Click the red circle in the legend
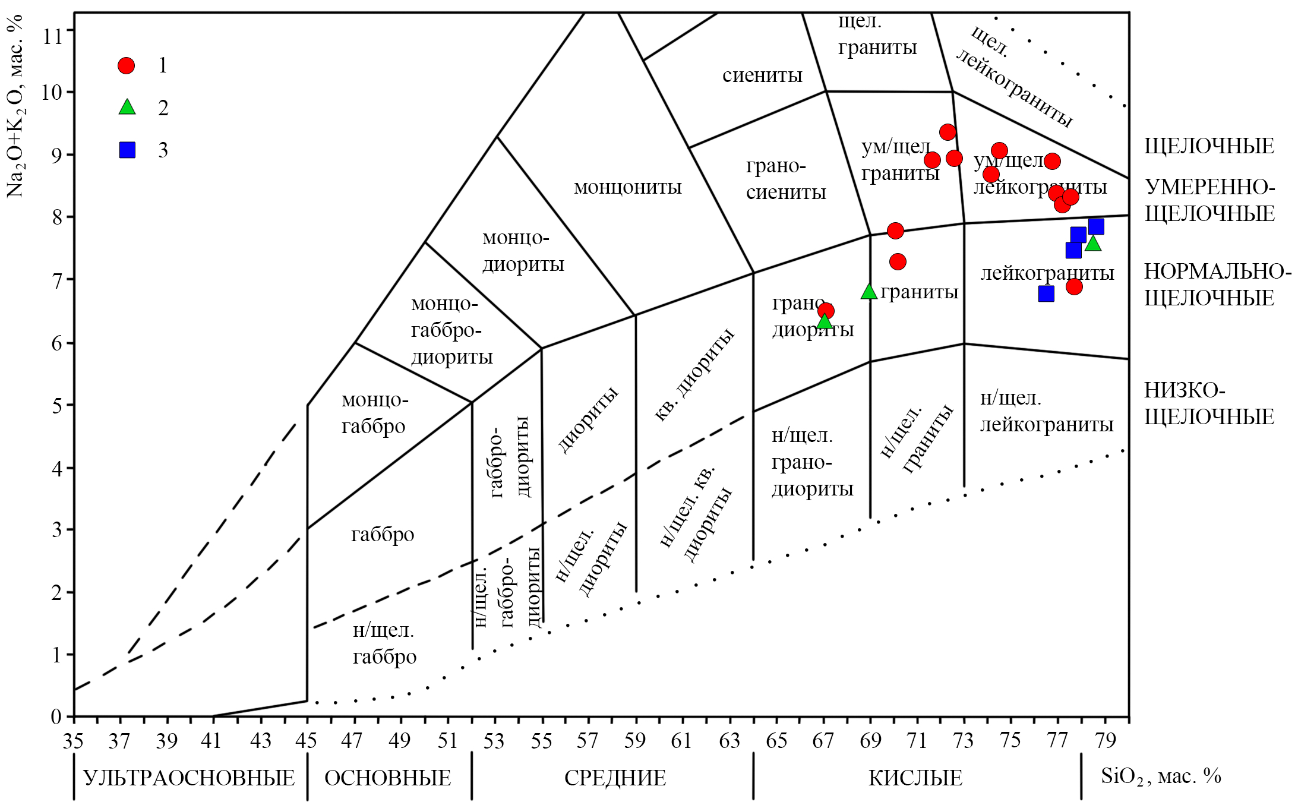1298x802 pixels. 126,65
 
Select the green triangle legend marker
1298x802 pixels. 127,108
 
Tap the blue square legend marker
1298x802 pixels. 127,150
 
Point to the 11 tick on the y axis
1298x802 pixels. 53,36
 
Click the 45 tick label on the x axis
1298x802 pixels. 307,741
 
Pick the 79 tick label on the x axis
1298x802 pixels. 1105,741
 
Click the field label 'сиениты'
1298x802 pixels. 762,75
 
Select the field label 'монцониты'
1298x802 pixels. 627,187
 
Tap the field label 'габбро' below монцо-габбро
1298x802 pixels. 383,535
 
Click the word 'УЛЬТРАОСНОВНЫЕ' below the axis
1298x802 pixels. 189,778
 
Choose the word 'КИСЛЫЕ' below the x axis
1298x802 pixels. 915,778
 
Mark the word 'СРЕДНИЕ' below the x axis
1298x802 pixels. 615,778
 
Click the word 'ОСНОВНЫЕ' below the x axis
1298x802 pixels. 387,778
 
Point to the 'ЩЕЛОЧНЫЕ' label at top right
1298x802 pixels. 1209,146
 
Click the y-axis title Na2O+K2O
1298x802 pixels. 15,107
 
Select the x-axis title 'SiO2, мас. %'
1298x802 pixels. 1160,776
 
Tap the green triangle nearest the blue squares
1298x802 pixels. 1093,244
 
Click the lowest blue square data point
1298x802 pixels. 1046,293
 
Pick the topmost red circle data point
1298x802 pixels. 948,132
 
